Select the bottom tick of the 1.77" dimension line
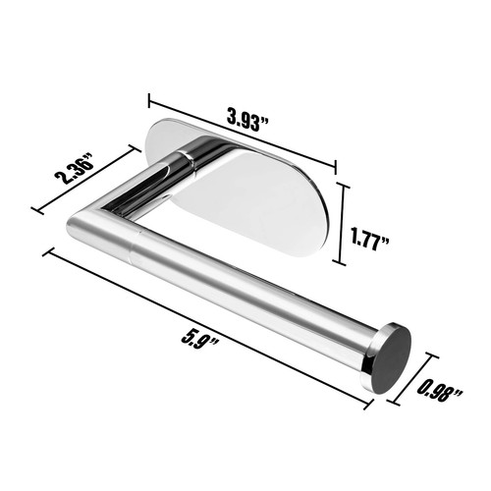342,264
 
